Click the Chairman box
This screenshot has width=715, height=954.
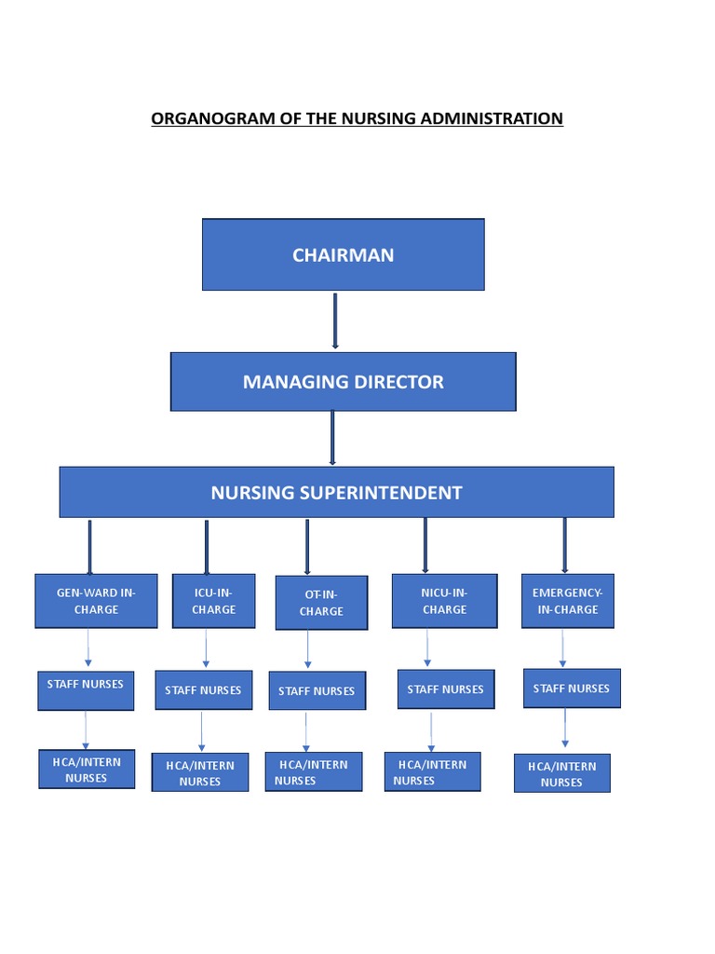tap(343, 254)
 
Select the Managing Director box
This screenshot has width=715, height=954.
tap(343, 381)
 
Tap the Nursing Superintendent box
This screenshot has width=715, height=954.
tap(336, 492)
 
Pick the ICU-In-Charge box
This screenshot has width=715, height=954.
tap(213, 601)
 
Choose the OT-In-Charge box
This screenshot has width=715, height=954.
tap(321, 603)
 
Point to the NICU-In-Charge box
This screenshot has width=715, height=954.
tap(444, 601)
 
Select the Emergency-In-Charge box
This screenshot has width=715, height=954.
tap(567, 601)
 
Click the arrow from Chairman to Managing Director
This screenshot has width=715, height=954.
tap(335, 320)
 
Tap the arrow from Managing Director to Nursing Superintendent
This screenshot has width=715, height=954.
tap(332, 437)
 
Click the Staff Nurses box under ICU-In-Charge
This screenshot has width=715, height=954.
tap(203, 690)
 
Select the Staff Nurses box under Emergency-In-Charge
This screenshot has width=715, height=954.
tap(572, 688)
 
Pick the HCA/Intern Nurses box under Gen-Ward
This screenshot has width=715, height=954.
tap(87, 770)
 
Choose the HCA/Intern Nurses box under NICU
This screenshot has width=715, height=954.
tap(433, 772)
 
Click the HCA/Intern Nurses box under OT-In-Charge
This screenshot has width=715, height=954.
tap(314, 772)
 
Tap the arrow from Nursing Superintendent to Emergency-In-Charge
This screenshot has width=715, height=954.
tap(564, 545)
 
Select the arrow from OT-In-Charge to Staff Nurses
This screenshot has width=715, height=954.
tap(307, 650)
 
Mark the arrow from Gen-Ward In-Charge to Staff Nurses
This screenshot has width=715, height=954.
tap(88, 647)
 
